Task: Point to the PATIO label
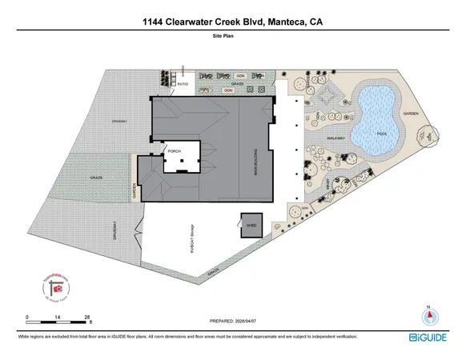click(x=183, y=82)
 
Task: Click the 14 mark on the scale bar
click(x=58, y=318)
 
